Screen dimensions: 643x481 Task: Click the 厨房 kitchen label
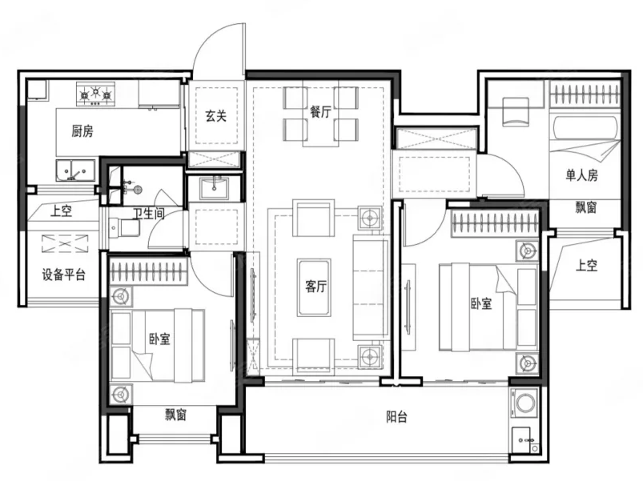pyautogui.click(x=82, y=131)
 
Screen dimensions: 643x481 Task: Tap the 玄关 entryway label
pyautogui.click(x=216, y=116)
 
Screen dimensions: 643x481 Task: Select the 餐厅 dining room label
pyautogui.click(x=320, y=111)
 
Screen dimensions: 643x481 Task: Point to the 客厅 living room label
pyautogui.click(x=315, y=286)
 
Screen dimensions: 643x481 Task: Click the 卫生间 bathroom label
pyautogui.click(x=149, y=214)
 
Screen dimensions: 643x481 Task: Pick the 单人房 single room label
pyautogui.click(x=582, y=175)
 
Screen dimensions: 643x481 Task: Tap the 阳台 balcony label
pyautogui.click(x=396, y=417)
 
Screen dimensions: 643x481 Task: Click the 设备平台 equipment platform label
pyautogui.click(x=63, y=274)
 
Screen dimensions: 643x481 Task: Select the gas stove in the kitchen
pyautogui.click(x=95, y=94)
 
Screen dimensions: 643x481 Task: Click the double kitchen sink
pyautogui.click(x=76, y=170)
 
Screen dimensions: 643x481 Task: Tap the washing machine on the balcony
pyautogui.click(x=524, y=403)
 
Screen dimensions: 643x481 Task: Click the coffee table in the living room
pyautogui.click(x=314, y=287)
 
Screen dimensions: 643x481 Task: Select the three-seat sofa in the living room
pyautogui.click(x=371, y=287)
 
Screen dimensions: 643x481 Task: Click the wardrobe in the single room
pyautogui.click(x=585, y=94)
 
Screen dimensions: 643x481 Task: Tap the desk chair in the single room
pyautogui.click(x=516, y=112)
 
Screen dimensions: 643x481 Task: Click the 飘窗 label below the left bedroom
pyautogui.click(x=176, y=415)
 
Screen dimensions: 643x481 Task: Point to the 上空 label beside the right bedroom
pyautogui.click(x=587, y=265)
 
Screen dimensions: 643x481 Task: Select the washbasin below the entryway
pyautogui.click(x=214, y=188)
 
